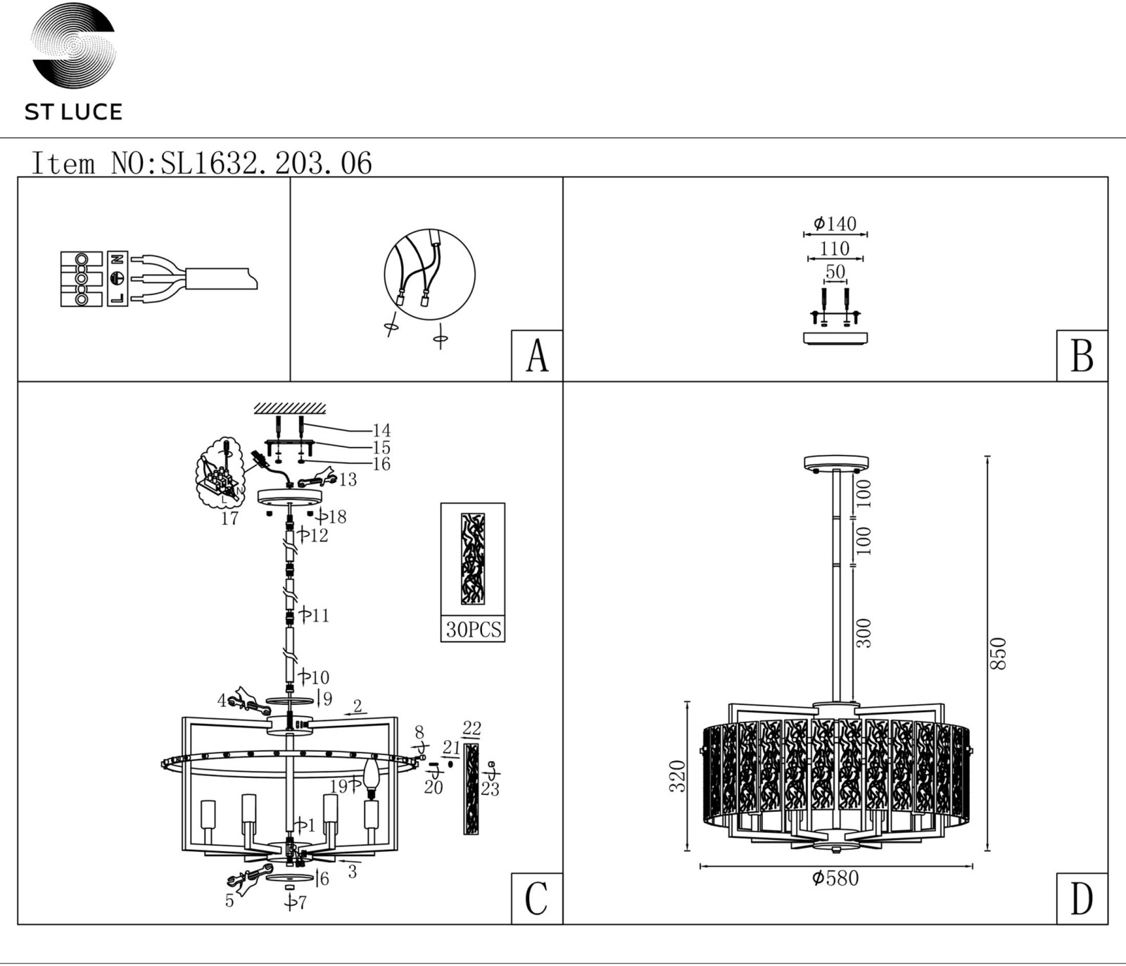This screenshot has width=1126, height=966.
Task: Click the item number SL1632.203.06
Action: point(267,163)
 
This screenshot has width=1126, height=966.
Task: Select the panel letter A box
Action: point(537,356)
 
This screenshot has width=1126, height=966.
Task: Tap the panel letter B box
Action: point(1082,356)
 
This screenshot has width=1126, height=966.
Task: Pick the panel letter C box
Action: point(537,898)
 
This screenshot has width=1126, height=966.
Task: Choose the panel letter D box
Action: point(1082,898)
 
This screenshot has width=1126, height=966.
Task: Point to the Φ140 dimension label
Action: point(835,224)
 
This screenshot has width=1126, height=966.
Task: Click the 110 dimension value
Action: point(835,249)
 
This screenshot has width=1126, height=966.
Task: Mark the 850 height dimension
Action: point(999,653)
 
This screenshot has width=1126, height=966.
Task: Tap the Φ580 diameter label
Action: point(835,878)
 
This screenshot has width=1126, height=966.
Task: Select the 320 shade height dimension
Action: point(677,776)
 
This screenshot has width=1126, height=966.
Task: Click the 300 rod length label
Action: point(864,633)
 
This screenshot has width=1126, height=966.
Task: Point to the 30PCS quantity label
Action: point(474,629)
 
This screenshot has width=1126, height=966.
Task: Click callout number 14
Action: point(381,430)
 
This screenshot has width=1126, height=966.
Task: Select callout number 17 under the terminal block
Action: point(230,518)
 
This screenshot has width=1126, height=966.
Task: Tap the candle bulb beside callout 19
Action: point(371,777)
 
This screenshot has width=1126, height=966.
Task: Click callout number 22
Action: point(472,728)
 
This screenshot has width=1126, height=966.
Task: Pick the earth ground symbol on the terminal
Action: point(118,278)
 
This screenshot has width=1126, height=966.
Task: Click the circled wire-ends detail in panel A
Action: point(429,274)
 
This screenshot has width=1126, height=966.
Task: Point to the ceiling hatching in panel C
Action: point(290,408)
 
